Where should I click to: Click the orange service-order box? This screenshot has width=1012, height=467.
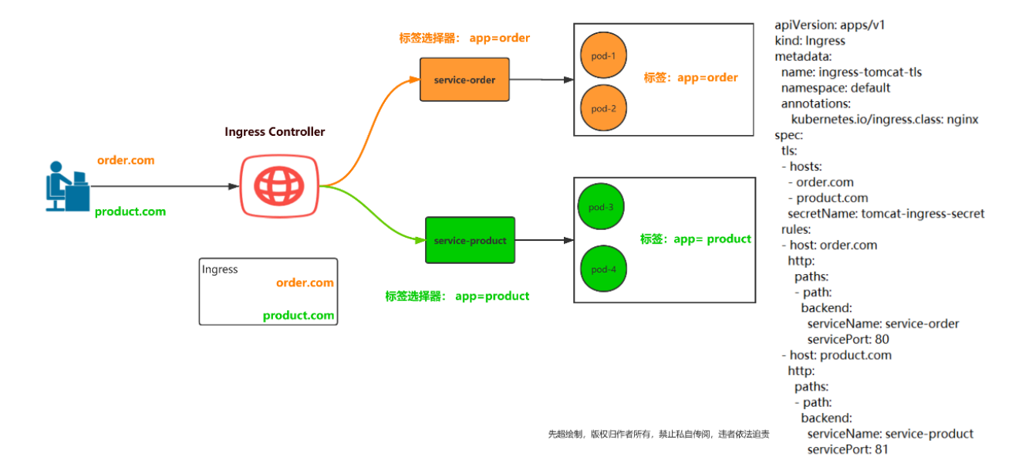click(464, 80)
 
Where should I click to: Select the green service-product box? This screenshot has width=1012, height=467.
click(470, 241)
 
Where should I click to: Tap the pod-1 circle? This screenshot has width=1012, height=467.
click(603, 56)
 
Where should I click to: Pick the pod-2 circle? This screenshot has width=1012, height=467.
click(603, 108)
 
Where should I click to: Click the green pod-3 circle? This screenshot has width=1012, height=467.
click(600, 207)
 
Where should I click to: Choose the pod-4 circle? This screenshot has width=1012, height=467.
click(602, 269)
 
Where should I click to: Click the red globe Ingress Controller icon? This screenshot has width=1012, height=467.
click(278, 185)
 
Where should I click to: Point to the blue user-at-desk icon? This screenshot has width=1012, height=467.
click(66, 186)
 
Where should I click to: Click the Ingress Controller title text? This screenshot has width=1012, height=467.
click(275, 132)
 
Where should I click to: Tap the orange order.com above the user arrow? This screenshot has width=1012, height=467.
click(126, 161)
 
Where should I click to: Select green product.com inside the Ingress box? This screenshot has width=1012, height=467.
click(299, 315)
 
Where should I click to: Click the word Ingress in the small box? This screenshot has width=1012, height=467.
click(220, 269)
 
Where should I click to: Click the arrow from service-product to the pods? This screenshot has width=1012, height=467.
click(544, 241)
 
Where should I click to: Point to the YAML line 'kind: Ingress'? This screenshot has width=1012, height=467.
click(810, 41)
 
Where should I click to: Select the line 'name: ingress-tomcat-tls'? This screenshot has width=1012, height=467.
click(852, 72)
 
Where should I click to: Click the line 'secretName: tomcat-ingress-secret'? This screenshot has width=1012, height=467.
click(885, 214)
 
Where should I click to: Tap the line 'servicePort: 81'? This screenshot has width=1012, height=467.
click(848, 449)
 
